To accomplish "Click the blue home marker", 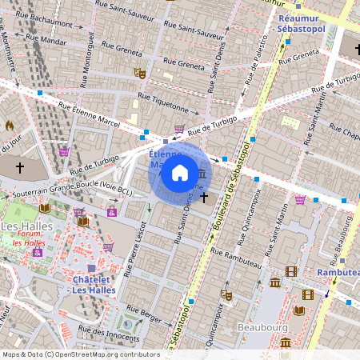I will [x=180, y=172].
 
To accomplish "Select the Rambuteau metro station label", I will [x=337, y=273].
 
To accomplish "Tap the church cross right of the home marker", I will [x=205, y=196].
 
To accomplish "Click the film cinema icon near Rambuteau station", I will [x=291, y=271].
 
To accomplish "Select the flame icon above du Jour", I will [x=10, y=126].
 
